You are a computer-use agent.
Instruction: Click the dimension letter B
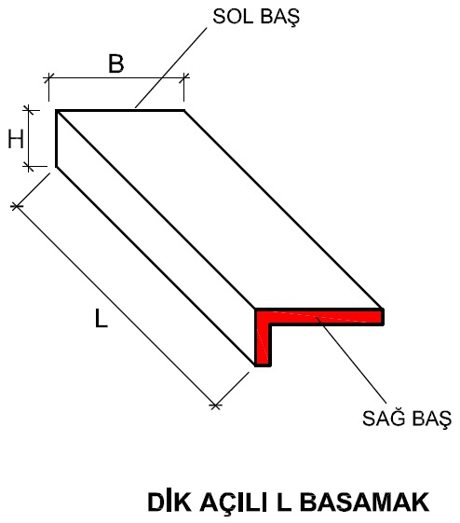click(x=116, y=63)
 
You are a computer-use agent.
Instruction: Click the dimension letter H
click(x=16, y=139)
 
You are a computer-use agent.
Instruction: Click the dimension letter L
click(x=101, y=318)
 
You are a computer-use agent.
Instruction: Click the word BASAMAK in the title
click(x=367, y=502)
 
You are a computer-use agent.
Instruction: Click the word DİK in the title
click(x=169, y=502)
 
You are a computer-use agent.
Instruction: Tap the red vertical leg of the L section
click(x=264, y=344)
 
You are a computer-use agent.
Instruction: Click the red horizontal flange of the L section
click(x=319, y=317)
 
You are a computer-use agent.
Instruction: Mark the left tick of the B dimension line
click(x=48, y=78)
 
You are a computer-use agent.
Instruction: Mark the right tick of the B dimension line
click(x=183, y=78)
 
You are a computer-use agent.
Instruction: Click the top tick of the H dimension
click(x=29, y=110)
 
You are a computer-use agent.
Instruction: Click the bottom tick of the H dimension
click(x=29, y=166)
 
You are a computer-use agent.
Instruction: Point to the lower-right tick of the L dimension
click(x=215, y=406)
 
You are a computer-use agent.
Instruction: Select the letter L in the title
click(x=283, y=502)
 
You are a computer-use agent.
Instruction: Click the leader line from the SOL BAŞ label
click(x=171, y=68)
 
